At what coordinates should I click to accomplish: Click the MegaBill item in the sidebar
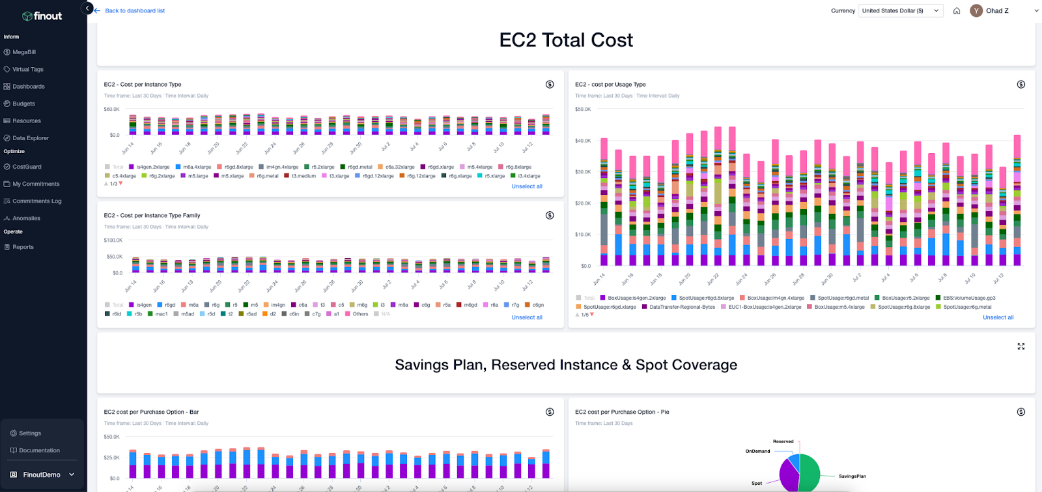click(24, 52)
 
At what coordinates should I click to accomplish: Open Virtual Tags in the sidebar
click(27, 69)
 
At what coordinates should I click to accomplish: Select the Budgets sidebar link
click(23, 104)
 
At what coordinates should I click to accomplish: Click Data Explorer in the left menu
click(30, 138)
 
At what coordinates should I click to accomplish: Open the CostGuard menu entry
click(27, 167)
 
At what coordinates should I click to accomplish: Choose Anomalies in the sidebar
click(26, 218)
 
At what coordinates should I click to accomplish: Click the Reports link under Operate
click(23, 247)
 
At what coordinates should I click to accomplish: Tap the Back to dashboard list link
click(134, 11)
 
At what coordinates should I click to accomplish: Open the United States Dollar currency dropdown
click(901, 11)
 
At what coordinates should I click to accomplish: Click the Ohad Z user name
click(996, 11)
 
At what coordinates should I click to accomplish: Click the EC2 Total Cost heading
click(565, 40)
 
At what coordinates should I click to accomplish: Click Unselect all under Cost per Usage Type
click(998, 317)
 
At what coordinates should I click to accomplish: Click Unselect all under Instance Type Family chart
click(526, 317)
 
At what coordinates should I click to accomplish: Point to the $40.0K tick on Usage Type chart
click(582, 141)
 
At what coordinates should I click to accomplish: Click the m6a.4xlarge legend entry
click(197, 167)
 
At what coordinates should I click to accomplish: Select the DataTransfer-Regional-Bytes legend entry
click(682, 307)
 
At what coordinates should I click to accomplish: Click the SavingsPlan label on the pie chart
click(852, 476)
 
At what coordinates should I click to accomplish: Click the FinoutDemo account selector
click(42, 474)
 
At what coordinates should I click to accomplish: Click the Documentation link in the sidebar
click(39, 450)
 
